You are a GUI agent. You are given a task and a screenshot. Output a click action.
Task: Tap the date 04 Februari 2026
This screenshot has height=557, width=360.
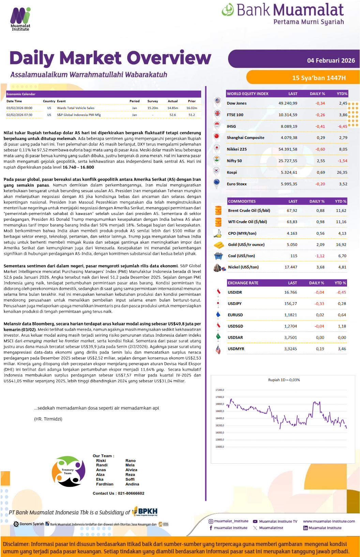click(331, 61)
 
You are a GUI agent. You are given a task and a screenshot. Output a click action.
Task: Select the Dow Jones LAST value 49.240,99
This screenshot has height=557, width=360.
click(288, 103)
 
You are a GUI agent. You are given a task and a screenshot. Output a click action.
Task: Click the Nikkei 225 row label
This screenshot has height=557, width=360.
click(237, 149)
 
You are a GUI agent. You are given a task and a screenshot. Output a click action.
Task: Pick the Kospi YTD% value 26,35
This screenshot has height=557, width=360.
click(342, 172)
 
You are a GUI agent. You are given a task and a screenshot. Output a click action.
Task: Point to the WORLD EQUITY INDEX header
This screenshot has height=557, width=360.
click(247, 94)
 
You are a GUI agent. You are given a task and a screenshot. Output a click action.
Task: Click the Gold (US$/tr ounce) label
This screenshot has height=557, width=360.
click(246, 245)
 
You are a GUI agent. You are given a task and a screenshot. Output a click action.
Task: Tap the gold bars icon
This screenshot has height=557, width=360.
click(219, 245)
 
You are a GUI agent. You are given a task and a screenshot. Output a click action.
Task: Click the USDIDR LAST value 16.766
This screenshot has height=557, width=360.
click(290, 292)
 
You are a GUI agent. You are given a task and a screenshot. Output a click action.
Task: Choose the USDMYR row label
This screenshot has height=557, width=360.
click(236, 349)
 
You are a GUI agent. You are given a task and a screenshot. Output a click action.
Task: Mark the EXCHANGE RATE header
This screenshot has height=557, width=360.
click(243, 283)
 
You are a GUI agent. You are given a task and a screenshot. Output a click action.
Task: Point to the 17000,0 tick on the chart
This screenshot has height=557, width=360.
click(220, 397)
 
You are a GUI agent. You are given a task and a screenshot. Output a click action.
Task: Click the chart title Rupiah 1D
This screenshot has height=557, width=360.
click(284, 380)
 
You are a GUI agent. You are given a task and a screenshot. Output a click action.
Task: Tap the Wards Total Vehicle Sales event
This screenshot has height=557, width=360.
click(76, 108)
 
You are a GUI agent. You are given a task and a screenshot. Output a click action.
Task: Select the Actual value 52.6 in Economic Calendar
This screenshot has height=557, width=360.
click(172, 115)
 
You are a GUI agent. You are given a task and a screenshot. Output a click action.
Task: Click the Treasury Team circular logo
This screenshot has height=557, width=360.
click(69, 471)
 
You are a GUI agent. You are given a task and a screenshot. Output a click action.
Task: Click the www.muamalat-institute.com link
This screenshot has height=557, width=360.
click(329, 521)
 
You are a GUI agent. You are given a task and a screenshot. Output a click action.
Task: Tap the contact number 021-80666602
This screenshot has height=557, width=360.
click(131, 493)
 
